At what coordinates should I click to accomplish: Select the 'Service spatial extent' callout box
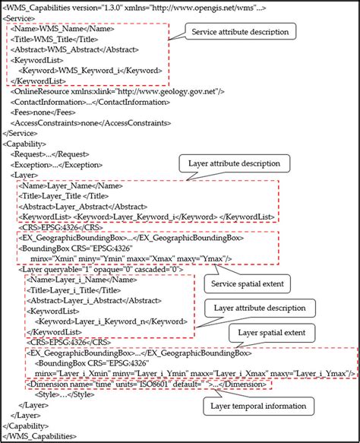pyautogui.click(x=247, y=284)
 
